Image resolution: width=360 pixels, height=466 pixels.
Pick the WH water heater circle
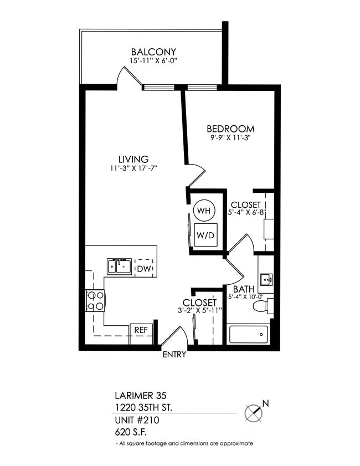[x=202, y=211]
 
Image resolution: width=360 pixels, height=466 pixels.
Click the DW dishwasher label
[x=144, y=269]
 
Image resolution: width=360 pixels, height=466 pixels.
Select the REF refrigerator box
[x=141, y=330]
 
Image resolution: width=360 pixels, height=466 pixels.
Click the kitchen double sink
[x=120, y=267]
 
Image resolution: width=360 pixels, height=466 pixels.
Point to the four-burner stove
[x=95, y=301]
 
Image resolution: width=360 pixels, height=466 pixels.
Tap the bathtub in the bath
[x=248, y=334]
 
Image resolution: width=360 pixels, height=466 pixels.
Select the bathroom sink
[x=266, y=279]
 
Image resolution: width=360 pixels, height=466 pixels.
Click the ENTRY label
[x=174, y=355]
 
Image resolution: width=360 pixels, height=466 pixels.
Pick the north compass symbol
[x=254, y=412]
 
